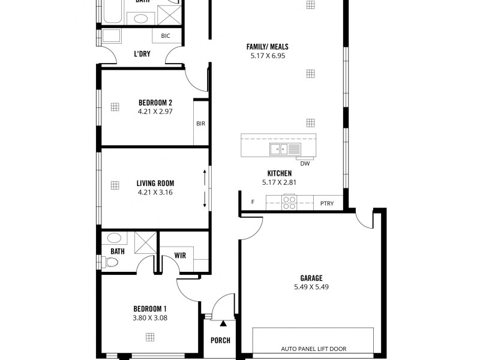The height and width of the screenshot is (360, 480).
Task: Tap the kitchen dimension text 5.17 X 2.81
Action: pos(280,182)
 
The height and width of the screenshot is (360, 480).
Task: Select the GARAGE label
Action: pos(311,278)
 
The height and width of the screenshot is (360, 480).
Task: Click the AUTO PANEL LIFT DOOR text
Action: pos(313,349)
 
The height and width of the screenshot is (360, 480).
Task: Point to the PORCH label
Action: pos(220,340)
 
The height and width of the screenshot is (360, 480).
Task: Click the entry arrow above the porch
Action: pos(223,324)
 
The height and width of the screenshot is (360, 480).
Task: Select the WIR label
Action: pos(180,256)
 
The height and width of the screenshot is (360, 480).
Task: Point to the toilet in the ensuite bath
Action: pos(110,262)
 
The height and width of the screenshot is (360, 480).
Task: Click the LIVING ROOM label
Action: pos(155,183)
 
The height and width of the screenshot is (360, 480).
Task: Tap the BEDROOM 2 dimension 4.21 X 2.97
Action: pos(155,111)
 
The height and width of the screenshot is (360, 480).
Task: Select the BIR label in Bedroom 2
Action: pos(200,124)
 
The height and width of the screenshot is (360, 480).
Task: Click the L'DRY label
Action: pos(142,54)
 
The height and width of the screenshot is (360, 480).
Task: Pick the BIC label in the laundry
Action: pos(166,36)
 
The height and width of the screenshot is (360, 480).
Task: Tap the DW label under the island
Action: pos(305,163)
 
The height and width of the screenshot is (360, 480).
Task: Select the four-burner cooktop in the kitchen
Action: pos(289,203)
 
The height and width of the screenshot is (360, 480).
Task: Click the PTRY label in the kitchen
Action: pos(327,203)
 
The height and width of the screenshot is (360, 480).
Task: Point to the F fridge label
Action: pos(253,202)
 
